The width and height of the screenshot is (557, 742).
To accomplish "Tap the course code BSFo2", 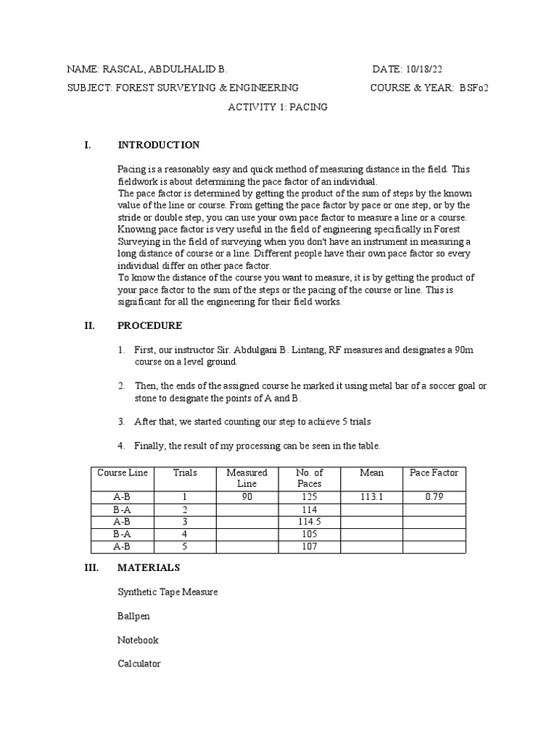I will pyautogui.click(x=479, y=88).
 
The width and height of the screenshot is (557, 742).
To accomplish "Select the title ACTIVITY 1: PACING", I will pyautogui.click(x=278, y=107).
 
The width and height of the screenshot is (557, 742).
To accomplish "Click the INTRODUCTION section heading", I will pyautogui.click(x=159, y=145).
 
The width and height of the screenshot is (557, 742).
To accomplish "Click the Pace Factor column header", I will pyautogui.click(x=434, y=472).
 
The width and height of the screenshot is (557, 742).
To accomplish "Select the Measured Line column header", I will pyautogui.click(x=247, y=478).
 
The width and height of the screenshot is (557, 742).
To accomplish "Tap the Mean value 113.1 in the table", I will pyautogui.click(x=371, y=497).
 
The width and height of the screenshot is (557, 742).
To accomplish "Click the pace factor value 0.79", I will pyautogui.click(x=434, y=497).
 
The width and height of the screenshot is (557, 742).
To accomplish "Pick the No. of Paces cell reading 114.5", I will pyautogui.click(x=309, y=522).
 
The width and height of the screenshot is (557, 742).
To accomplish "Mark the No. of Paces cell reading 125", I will pyautogui.click(x=309, y=497).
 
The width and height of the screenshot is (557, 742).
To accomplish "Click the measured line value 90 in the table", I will pyautogui.click(x=247, y=497).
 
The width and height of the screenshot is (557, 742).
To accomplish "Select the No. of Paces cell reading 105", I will pyautogui.click(x=309, y=534).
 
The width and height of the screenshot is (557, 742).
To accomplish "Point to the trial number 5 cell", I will pyautogui.click(x=185, y=546).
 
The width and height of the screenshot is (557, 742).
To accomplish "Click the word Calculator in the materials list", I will pyautogui.click(x=139, y=664).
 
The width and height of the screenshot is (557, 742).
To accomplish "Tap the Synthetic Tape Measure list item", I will pyautogui.click(x=168, y=592).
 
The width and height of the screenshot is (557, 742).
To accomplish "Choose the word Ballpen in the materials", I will pyautogui.click(x=135, y=616).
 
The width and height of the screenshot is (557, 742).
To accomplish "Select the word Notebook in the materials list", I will pyautogui.click(x=138, y=640).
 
